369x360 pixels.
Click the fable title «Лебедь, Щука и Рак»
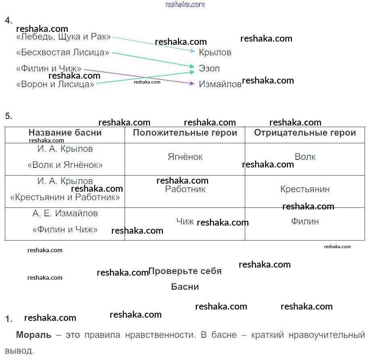point(63,37)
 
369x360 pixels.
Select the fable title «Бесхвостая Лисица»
point(63,53)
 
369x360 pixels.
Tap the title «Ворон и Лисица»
point(55,84)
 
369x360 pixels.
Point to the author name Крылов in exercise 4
point(215,52)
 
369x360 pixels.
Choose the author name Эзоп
point(209,69)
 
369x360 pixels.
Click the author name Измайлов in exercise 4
point(220,84)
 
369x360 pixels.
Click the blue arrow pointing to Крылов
point(153,44)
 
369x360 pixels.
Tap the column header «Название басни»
point(65,133)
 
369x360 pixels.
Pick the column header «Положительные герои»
point(185,133)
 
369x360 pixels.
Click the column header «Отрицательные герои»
point(305,133)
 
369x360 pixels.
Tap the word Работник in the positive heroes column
point(185,189)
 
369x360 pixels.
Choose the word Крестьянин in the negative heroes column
point(305,189)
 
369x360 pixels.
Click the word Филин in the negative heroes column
point(305,222)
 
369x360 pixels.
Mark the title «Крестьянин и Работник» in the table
point(65,197)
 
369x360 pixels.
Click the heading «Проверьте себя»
point(185,271)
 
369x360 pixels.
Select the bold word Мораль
point(34,335)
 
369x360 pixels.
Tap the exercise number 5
point(8,116)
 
